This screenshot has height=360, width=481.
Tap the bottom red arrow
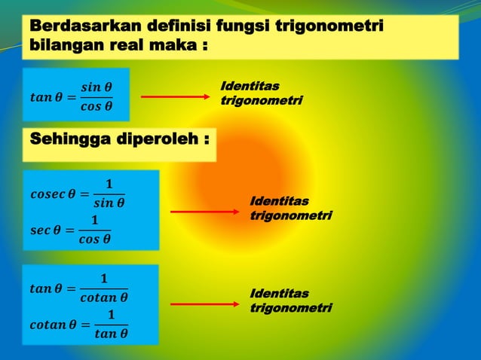[204, 304]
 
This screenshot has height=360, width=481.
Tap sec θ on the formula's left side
[44, 230]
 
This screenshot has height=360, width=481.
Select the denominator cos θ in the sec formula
[95, 241]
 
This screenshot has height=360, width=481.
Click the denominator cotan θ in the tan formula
[103, 297]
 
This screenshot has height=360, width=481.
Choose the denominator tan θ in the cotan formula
[111, 334]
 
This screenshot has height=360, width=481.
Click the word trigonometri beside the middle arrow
[290, 215]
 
